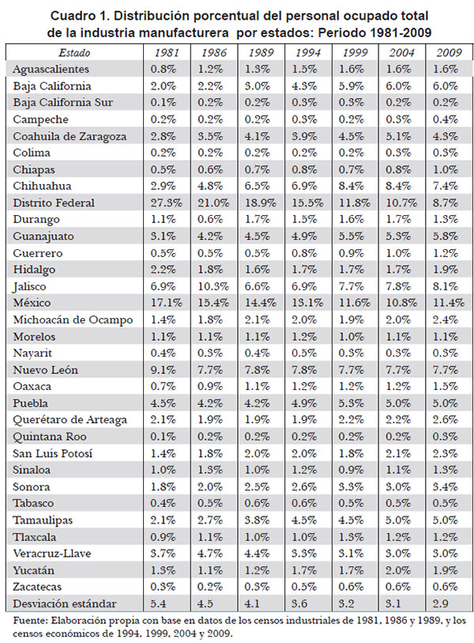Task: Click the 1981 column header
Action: click(167, 52)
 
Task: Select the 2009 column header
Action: click(449, 52)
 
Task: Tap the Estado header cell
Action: click(74, 52)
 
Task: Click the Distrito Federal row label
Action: click(54, 202)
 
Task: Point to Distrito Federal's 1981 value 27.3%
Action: click(166, 202)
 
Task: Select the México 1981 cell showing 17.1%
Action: click(166, 303)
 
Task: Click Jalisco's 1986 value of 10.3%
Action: click(213, 286)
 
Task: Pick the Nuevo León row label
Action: click(46, 370)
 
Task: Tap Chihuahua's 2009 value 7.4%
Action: click(446, 186)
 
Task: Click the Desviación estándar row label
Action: click(65, 603)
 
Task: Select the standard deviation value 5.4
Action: click(158, 603)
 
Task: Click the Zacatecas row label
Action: click(37, 587)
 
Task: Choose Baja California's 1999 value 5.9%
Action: click(351, 85)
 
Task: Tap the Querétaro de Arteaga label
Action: click(70, 420)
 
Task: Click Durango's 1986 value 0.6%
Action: click(210, 219)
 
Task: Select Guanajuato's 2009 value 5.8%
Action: click(446, 236)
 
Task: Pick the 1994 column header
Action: click(308, 52)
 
